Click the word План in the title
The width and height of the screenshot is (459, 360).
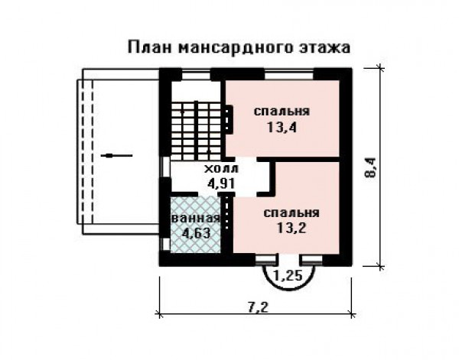[150, 47]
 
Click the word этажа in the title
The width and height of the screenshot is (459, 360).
[324, 48]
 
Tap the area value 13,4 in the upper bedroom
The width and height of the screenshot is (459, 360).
[282, 128]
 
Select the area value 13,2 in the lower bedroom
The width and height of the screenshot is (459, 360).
[291, 228]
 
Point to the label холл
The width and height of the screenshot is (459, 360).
[221, 169]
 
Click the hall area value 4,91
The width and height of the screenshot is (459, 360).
[221, 183]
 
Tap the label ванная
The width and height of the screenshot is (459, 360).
[196, 219]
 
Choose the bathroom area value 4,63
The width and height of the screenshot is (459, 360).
[196, 233]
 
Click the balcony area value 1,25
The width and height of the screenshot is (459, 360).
[288, 275]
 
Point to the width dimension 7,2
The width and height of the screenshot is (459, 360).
[258, 307]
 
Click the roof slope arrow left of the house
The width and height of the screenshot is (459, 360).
[116, 156]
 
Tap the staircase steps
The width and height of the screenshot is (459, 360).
[196, 130]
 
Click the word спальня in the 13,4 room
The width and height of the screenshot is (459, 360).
[282, 112]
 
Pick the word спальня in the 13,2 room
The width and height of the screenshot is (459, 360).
[291, 213]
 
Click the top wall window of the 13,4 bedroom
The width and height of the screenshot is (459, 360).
[289, 74]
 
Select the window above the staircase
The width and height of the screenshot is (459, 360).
[196, 74]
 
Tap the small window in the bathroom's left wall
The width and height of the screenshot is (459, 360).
[165, 245]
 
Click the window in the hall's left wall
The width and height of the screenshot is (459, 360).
[165, 167]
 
